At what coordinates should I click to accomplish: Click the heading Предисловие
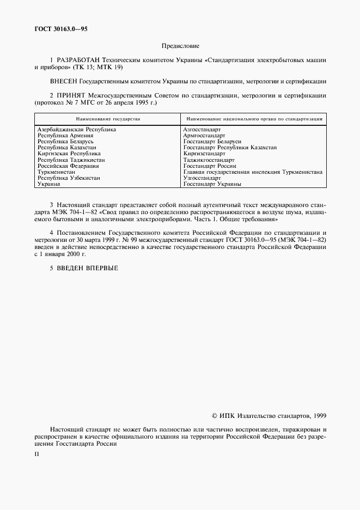pyautogui.click(x=180, y=47)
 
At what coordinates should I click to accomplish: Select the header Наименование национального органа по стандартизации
pyautogui.click(x=253, y=118)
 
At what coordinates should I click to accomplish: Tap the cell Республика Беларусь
pyautogui.click(x=66, y=142)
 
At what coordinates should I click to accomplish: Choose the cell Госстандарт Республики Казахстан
pyautogui.click(x=230, y=148)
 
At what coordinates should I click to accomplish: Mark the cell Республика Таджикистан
pyautogui.click(x=71, y=160)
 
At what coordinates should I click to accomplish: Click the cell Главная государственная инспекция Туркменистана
pyautogui.click(x=253, y=172)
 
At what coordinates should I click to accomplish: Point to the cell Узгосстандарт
pyautogui.click(x=202, y=178)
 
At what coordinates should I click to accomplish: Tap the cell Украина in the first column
pyautogui.click(x=48, y=185)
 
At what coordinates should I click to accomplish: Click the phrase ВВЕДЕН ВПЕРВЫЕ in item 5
pyautogui.click(x=87, y=268)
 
